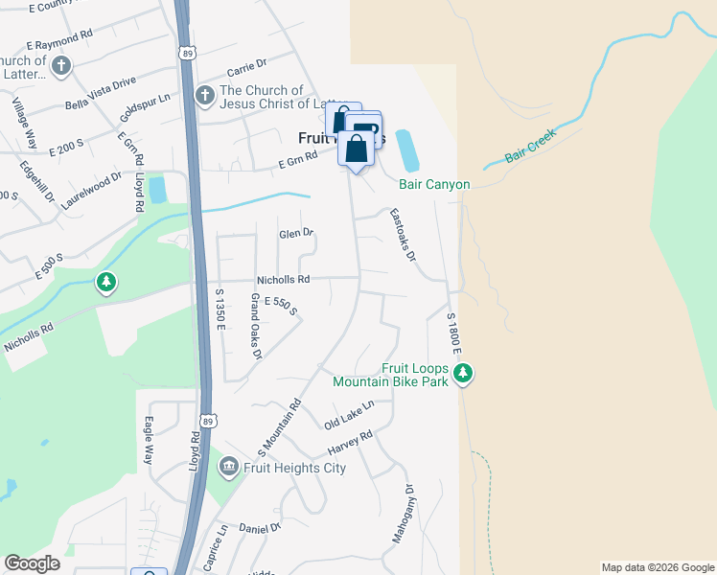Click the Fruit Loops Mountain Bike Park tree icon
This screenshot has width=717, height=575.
(x=464, y=373)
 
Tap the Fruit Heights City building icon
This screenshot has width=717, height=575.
(x=229, y=468)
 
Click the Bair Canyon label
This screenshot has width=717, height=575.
(x=428, y=183)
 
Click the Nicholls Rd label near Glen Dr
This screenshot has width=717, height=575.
(x=283, y=280)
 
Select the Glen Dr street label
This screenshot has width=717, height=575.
(x=295, y=233)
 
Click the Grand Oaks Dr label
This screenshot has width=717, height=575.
(x=256, y=326)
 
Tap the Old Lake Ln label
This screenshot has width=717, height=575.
(x=348, y=415)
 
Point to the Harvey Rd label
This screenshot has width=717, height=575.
(x=349, y=443)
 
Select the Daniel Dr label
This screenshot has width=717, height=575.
(x=259, y=527)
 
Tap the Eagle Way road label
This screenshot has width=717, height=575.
(x=149, y=440)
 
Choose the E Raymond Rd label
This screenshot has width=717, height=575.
(x=59, y=39)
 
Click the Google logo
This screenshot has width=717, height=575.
(x=32, y=563)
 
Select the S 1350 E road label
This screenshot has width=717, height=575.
(x=220, y=310)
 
